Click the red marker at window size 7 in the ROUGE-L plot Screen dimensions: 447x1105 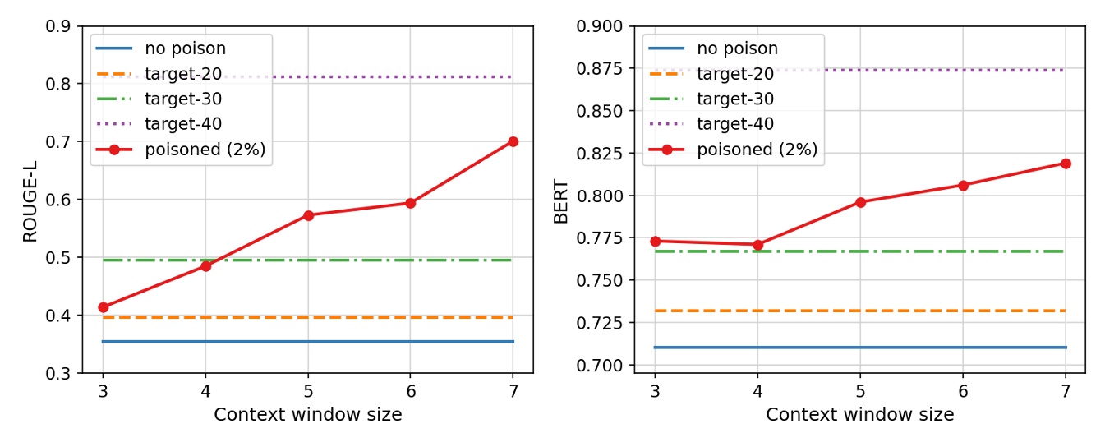click(x=513, y=141)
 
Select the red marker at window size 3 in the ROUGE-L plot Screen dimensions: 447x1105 click(x=103, y=307)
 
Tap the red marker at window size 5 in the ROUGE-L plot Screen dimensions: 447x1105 click(x=308, y=215)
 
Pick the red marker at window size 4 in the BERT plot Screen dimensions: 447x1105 click(x=757, y=245)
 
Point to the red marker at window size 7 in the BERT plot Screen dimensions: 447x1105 click(x=1066, y=164)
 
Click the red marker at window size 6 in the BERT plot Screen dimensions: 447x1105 click(x=963, y=186)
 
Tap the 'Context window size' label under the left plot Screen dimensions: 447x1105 click(x=308, y=415)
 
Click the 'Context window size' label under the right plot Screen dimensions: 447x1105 click(x=860, y=415)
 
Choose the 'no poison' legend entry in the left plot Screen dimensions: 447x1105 click(x=185, y=48)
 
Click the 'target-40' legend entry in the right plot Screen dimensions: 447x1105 click(x=735, y=124)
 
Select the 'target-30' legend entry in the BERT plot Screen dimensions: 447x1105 click(x=735, y=99)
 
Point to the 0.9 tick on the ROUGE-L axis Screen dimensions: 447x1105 click(x=60, y=26)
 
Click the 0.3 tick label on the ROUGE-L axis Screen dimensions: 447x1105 click(x=60, y=374)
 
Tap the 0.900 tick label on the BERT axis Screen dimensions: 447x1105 click(x=603, y=26)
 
